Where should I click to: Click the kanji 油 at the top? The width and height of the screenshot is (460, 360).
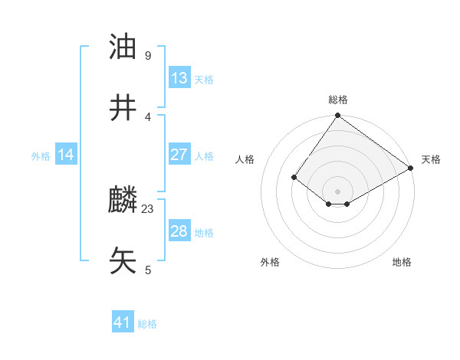[123, 47]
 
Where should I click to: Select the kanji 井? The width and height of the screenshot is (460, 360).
[123, 108]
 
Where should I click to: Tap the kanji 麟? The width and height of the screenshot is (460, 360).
[123, 201]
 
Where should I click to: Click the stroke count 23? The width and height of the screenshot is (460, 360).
[148, 208]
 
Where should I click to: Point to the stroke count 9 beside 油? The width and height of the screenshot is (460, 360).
[147, 56]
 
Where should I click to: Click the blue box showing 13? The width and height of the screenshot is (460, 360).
[179, 78]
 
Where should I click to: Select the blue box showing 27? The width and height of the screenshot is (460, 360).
[179, 155]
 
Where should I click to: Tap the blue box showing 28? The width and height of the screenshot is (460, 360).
[179, 231]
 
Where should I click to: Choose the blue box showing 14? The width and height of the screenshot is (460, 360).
[66, 155]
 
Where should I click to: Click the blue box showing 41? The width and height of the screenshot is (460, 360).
[123, 322]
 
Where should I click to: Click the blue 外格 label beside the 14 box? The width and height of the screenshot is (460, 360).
[41, 156]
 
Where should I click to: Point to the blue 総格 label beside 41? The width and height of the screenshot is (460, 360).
[147, 324]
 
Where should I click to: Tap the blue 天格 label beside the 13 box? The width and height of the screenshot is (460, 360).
[203, 80]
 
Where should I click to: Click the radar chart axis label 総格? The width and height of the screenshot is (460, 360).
[337, 100]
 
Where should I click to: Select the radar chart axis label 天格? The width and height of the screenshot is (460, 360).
[432, 159]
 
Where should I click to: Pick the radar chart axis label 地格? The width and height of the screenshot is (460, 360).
[402, 262]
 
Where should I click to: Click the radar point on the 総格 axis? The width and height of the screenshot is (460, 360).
[337, 116]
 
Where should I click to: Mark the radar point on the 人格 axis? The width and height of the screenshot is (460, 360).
[294, 177]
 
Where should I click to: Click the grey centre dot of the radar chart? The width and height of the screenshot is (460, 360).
[337, 191]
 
